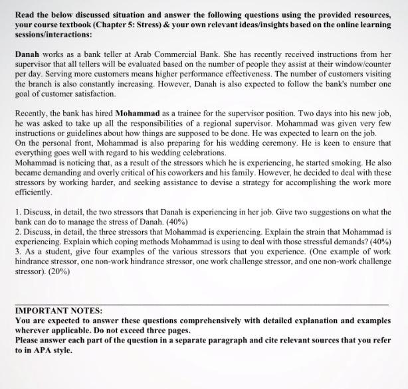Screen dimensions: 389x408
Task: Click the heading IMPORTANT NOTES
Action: pyautogui.click(x=58, y=311)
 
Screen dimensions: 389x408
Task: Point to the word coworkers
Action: pyautogui.click(x=226, y=172)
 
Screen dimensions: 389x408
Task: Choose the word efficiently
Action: pyautogui.click(x=34, y=193)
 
